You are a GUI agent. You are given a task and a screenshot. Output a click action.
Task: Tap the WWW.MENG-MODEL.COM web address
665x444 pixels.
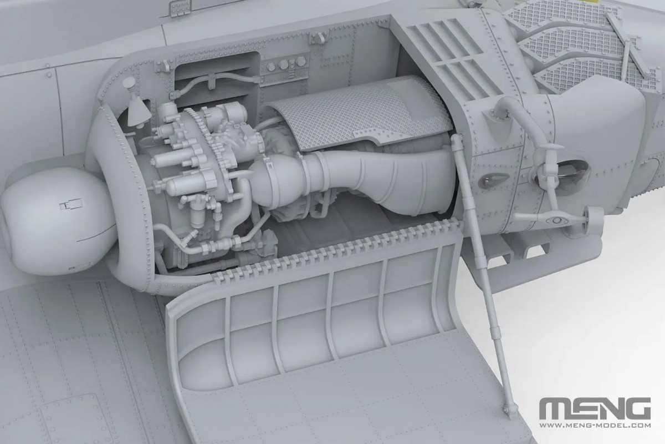pyautogui.click(x=594, y=425)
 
